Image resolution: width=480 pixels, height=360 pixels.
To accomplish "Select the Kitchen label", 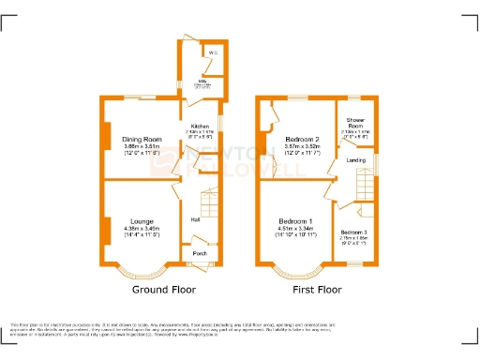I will (201, 126).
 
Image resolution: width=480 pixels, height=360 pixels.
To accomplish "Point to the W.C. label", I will (213, 52).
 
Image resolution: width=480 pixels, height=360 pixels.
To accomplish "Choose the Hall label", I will (195, 219).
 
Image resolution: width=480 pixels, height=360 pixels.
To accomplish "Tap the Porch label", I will (199, 253).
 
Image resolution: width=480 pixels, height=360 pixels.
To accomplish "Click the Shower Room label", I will (356, 122).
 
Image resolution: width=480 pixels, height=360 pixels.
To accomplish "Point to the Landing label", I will (356, 160).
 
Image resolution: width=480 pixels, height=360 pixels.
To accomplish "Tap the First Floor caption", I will (317, 291).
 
